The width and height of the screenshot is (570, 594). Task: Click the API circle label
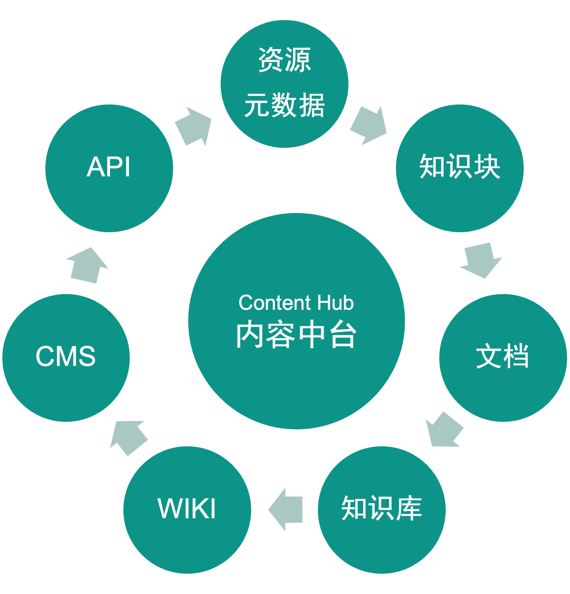click(x=109, y=167)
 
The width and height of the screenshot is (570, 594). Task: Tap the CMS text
click(x=66, y=356)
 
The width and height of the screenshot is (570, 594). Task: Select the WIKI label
click(x=187, y=509)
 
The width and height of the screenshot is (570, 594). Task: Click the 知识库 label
click(x=382, y=508)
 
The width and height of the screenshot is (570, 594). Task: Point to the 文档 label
click(x=502, y=356)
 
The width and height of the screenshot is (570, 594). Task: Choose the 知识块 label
click(x=460, y=166)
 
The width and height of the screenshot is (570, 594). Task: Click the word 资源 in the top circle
click(x=285, y=60)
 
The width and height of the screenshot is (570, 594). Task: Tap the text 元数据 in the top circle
click(x=285, y=105)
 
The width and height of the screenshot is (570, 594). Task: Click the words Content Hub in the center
click(x=296, y=303)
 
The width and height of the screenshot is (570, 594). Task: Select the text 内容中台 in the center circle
click(x=296, y=335)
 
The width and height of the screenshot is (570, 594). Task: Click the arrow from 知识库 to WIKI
click(x=286, y=510)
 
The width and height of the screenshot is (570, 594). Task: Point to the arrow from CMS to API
click(x=87, y=266)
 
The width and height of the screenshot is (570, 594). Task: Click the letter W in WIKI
click(x=169, y=509)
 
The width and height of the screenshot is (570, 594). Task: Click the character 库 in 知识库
click(x=409, y=508)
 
